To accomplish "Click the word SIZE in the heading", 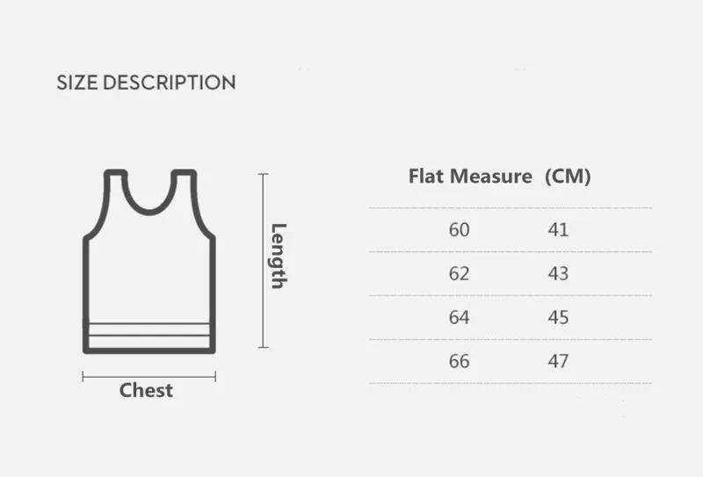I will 77,83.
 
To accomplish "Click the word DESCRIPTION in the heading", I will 169,83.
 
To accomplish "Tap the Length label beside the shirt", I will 279,257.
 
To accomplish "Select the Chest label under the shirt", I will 146,390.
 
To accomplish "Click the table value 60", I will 459,230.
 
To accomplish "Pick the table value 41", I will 558,230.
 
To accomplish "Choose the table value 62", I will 459,274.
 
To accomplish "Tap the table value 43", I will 558,274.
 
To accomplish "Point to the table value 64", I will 459,317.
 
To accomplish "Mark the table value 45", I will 558,317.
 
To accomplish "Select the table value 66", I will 459,361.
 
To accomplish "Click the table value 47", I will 558,361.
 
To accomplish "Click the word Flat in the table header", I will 427,176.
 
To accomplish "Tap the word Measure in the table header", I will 491,176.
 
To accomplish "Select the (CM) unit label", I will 568,176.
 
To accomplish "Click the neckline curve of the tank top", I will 149,212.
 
